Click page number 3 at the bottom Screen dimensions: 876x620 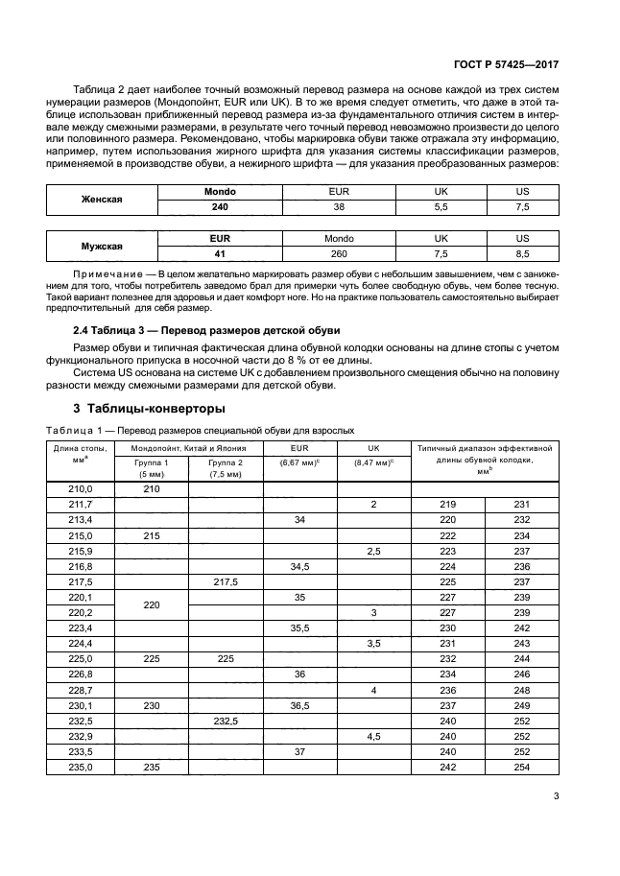557,793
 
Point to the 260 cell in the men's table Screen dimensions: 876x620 339,253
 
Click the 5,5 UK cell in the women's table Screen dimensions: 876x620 441,206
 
